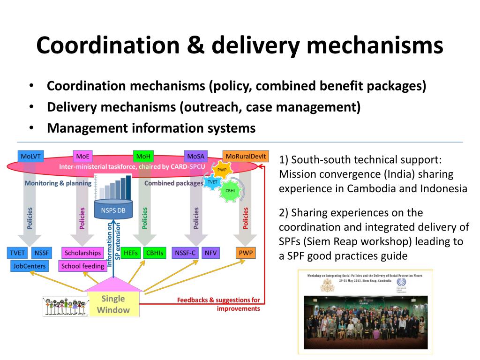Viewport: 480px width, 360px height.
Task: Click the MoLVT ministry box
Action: (x=30, y=156)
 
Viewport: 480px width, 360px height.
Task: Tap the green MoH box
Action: (x=142, y=156)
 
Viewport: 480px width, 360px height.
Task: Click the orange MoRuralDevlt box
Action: (x=246, y=156)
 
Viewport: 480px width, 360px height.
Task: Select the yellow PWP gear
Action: (x=222, y=170)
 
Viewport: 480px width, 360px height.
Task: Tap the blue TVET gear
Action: (x=212, y=182)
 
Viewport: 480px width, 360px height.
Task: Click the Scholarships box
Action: (x=83, y=253)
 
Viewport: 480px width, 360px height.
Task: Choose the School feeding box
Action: (x=83, y=266)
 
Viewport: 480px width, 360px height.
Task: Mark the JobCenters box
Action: (x=30, y=266)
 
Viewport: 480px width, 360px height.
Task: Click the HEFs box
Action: (x=130, y=253)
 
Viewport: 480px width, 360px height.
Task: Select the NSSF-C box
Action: (x=185, y=253)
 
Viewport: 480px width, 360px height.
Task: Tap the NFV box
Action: (x=210, y=253)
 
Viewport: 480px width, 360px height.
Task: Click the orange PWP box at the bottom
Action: (x=246, y=253)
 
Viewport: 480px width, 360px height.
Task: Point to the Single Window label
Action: (x=113, y=304)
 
